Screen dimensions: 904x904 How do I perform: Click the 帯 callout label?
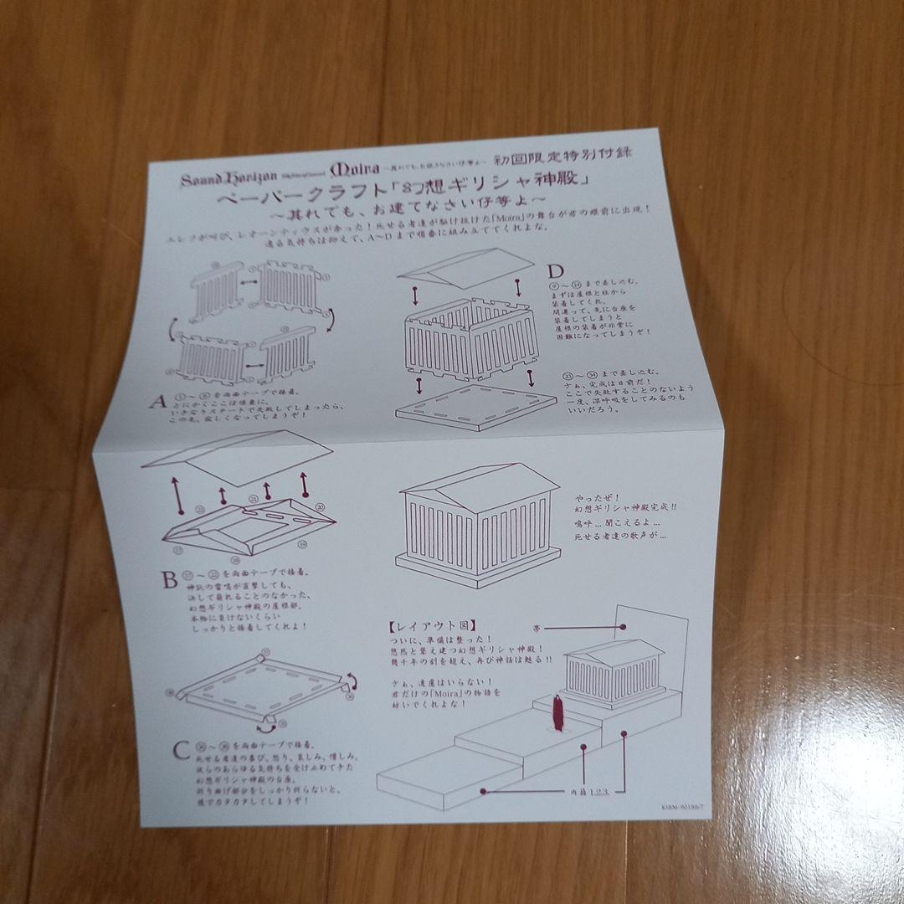pyautogui.click(x=535, y=625)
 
